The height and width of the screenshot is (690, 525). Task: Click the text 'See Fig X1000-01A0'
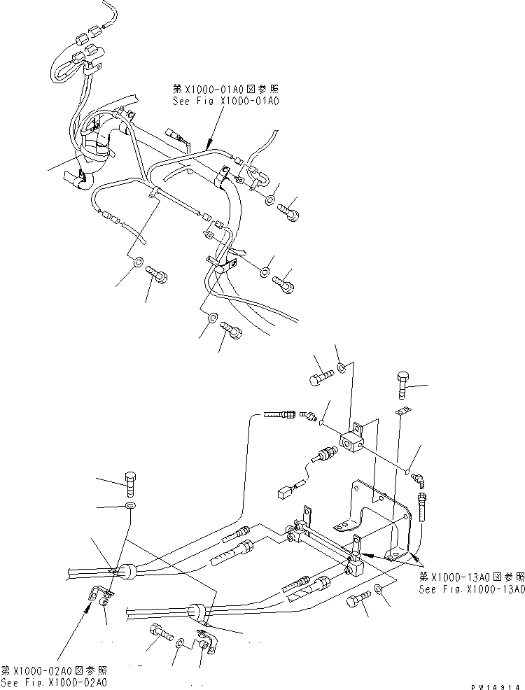[225, 101]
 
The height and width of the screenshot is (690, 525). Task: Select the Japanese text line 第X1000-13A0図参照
[471, 577]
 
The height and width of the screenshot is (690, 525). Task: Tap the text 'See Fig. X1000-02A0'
[54, 682]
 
